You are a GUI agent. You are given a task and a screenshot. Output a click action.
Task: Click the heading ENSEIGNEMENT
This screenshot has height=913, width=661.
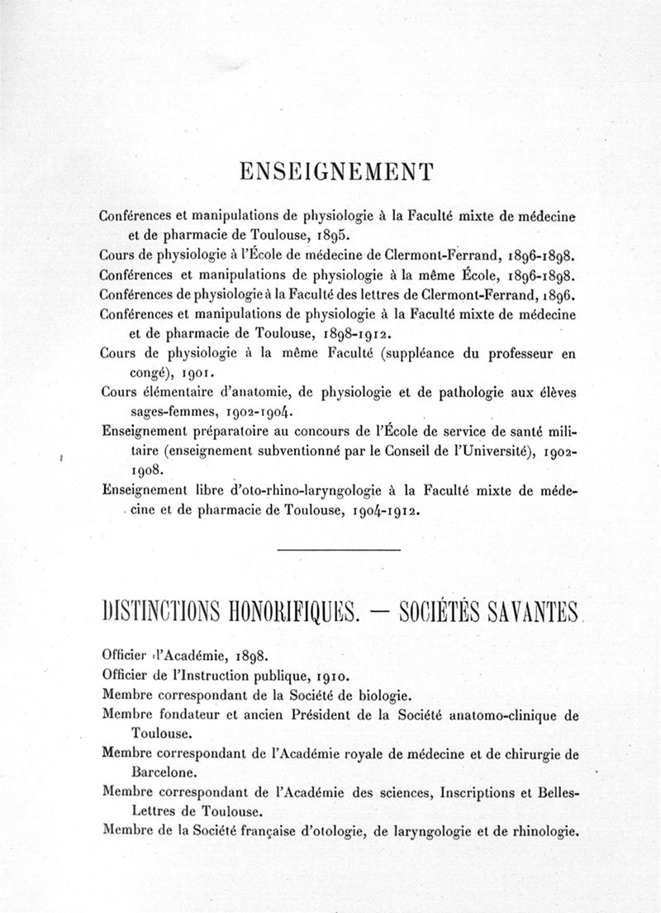click(x=335, y=173)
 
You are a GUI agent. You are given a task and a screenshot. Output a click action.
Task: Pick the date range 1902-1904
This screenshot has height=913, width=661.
click(x=253, y=413)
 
